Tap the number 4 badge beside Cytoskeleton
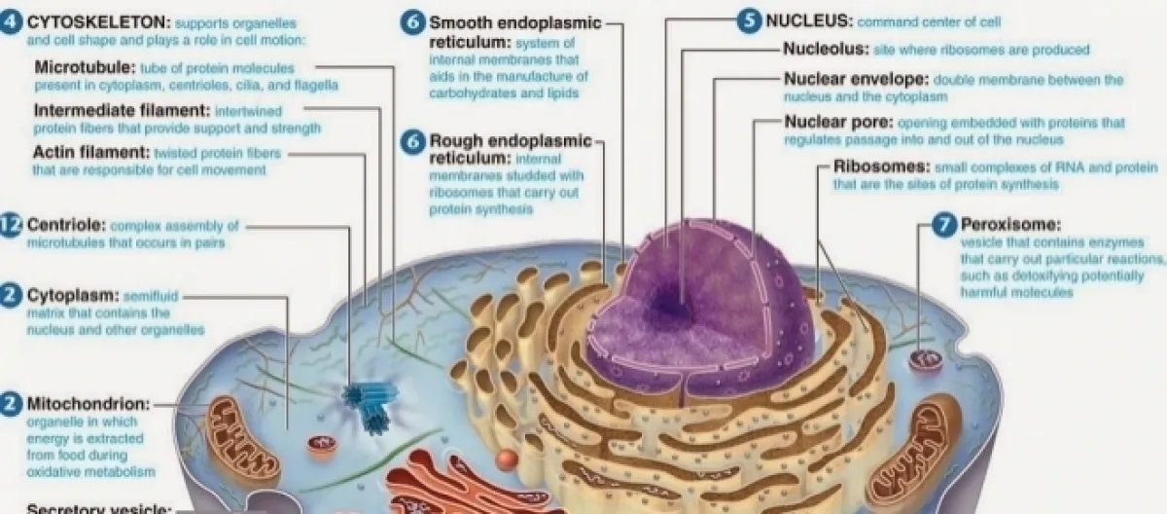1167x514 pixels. tap(12, 21)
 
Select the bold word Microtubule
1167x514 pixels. tap(86, 68)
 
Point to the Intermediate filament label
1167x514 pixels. tap(122, 110)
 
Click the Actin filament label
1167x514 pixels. tap(90, 153)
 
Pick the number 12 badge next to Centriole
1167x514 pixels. tap(11, 225)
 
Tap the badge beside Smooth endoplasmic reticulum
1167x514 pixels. tap(415, 22)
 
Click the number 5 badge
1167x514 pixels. tap(749, 21)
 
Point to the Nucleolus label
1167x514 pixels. tap(822, 50)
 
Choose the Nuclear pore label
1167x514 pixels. tap(837, 123)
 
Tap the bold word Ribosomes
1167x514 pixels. tap(881, 166)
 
